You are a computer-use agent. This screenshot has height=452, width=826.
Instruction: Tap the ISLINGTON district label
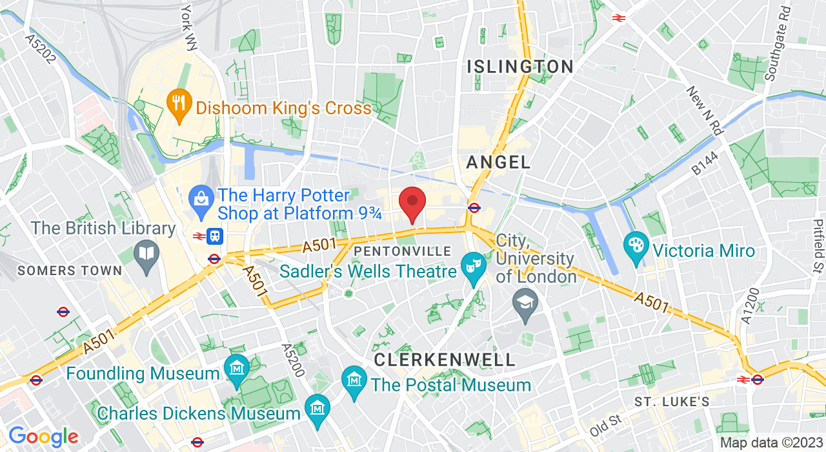(x=520, y=67)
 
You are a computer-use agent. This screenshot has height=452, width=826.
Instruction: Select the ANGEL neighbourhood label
(x=498, y=162)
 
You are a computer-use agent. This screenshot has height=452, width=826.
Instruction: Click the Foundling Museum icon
(x=236, y=368)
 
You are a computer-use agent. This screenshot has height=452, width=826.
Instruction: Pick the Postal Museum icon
(x=354, y=380)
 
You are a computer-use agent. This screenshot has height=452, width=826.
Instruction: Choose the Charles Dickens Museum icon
(x=317, y=407)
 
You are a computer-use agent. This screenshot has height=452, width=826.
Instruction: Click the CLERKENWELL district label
(x=445, y=360)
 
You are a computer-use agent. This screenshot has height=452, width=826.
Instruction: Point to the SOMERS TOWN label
(x=70, y=271)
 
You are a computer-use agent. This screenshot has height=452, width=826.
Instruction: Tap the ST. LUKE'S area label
(x=672, y=402)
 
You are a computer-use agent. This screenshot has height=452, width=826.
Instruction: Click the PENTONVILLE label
(x=403, y=251)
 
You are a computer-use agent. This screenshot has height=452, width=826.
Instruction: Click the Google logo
(x=43, y=437)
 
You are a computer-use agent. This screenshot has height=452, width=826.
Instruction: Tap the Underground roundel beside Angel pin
(x=474, y=207)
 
